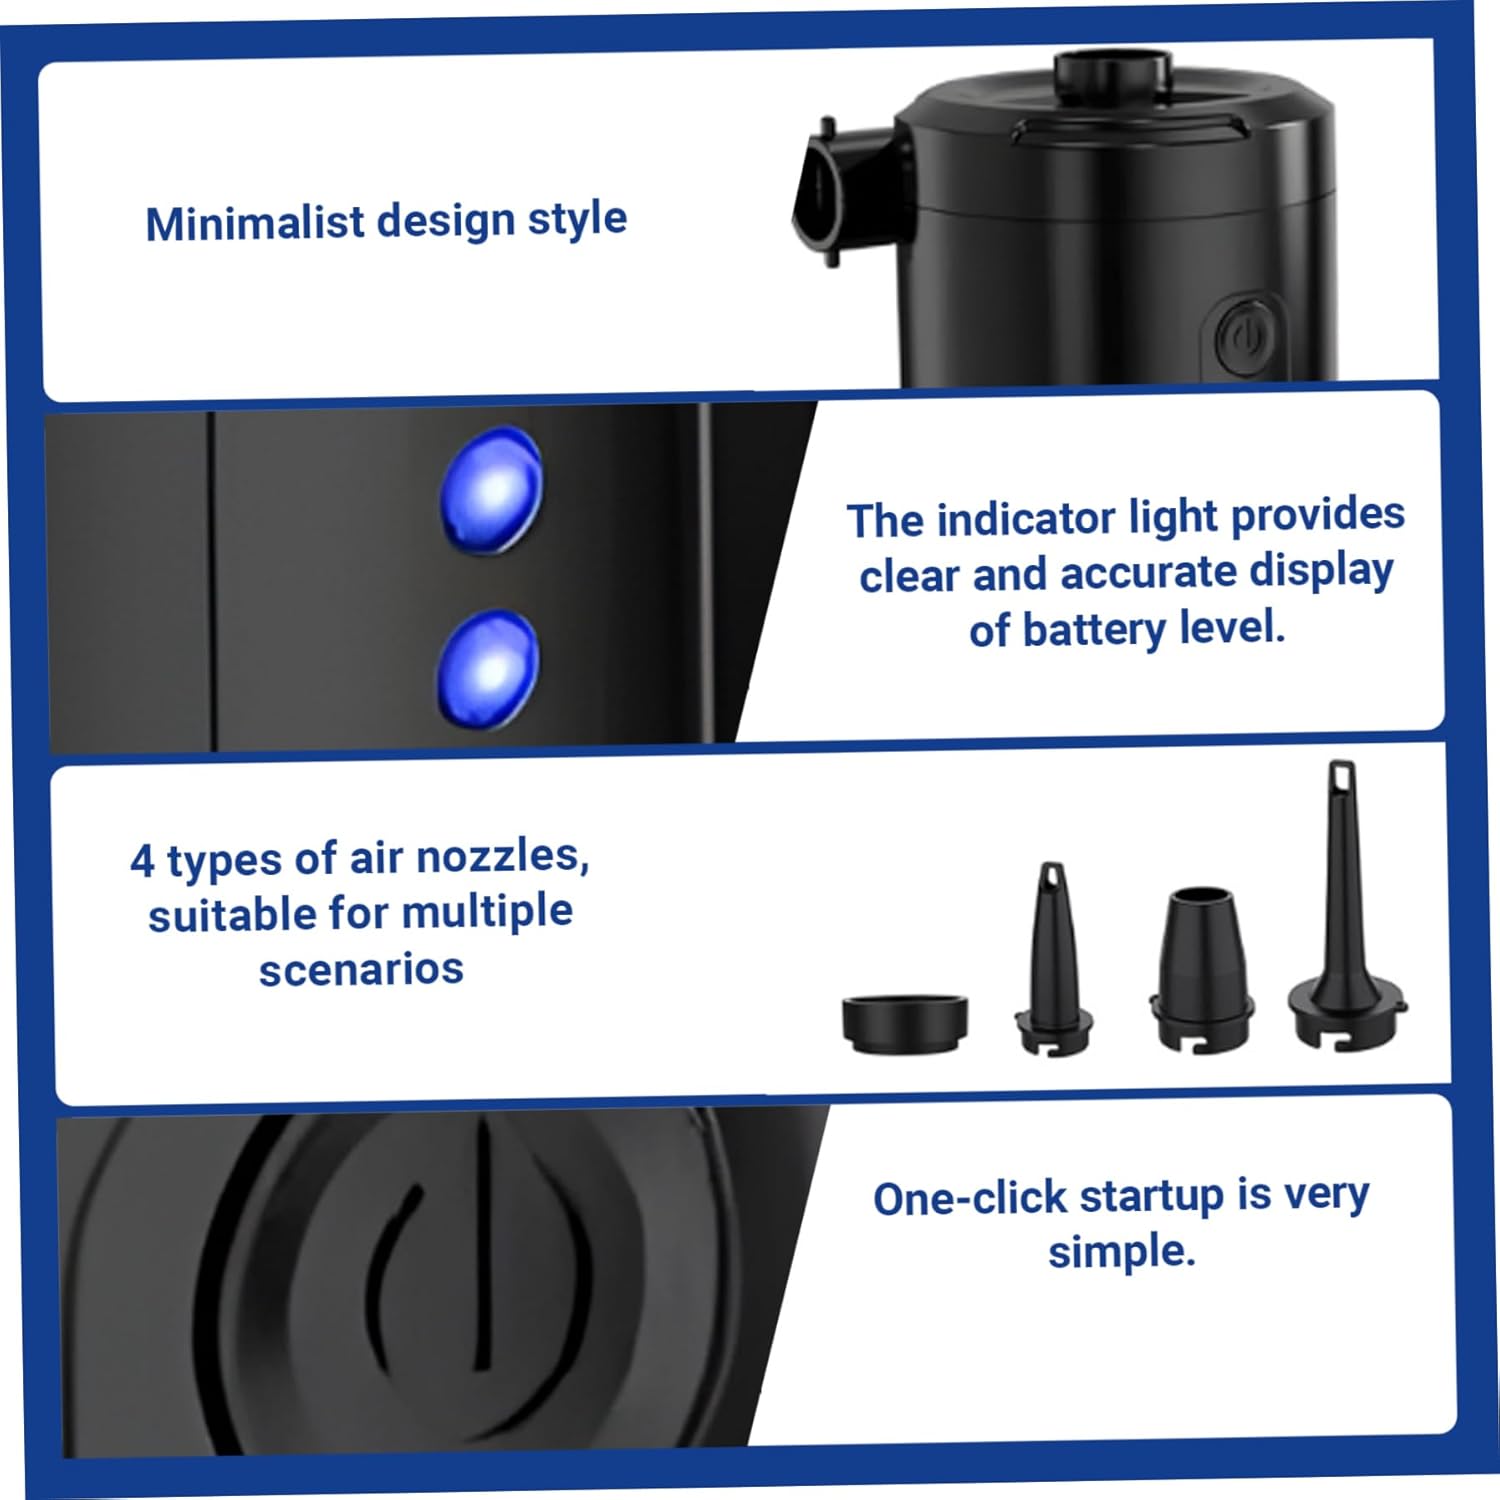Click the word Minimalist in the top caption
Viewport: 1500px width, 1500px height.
[254, 223]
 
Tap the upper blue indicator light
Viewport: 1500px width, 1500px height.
[492, 490]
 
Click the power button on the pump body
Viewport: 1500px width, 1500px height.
[1244, 337]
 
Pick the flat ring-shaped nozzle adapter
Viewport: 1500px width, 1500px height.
[904, 1022]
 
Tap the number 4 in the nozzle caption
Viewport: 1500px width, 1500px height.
[142, 861]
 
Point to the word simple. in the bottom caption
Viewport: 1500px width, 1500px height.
[1121, 1252]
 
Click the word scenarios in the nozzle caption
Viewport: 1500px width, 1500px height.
[361, 969]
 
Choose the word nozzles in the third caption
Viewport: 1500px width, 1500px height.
[501, 857]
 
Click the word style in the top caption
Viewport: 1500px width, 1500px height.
[577, 219]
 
